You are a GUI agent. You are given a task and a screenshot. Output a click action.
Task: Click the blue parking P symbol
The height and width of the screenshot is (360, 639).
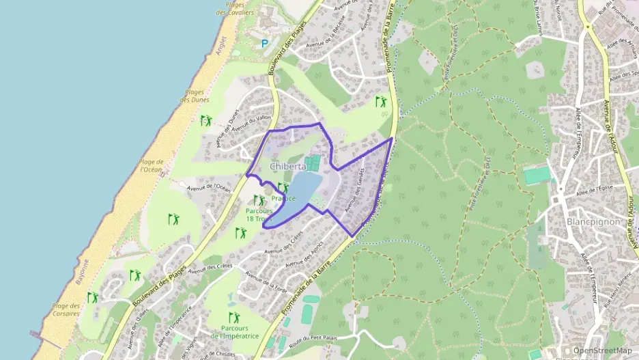click(265, 43)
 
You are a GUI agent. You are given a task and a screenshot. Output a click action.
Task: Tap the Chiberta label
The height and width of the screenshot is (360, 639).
click(287, 166)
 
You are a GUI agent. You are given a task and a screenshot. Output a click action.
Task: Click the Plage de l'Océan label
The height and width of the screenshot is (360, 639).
click(151, 166)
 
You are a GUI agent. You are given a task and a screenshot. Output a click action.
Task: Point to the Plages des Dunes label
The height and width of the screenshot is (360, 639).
click(195, 96)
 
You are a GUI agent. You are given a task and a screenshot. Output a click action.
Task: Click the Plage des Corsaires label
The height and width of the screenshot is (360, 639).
click(66, 310)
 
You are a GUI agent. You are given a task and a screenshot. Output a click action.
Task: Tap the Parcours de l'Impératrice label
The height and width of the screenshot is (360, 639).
click(233, 333)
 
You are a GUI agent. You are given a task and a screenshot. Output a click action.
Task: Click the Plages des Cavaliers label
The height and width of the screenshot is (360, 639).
click(235, 9)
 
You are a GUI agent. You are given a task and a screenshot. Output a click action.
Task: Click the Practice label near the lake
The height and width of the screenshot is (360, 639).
click(283, 199)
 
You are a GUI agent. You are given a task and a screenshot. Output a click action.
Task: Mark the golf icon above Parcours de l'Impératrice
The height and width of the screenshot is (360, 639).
click(234, 317)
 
